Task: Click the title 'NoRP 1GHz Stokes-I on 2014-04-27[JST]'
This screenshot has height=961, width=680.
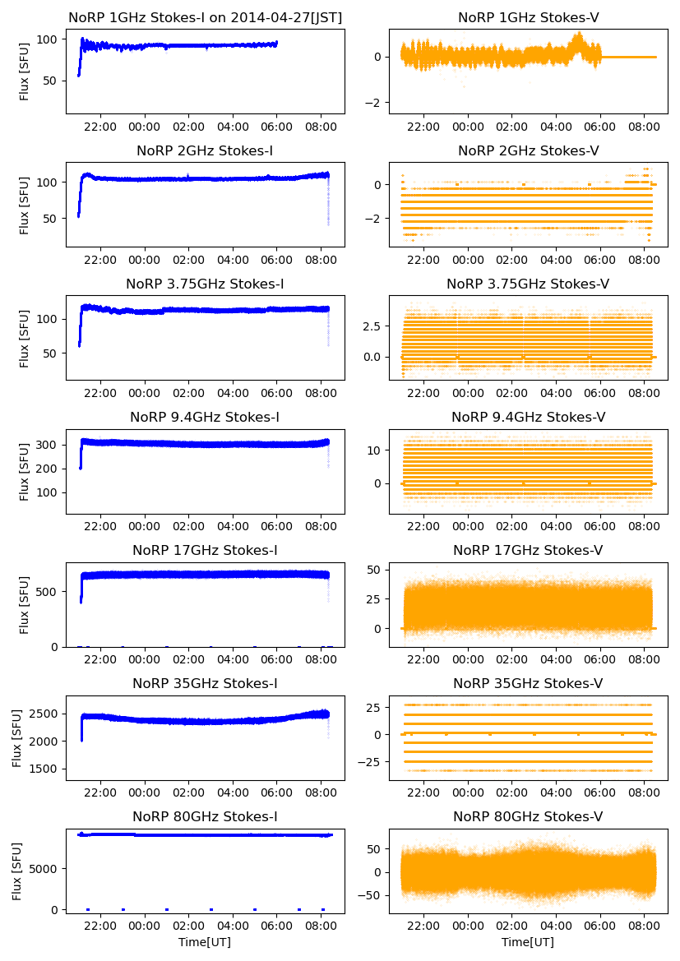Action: click(x=205, y=17)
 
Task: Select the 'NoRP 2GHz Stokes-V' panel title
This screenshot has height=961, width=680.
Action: click(x=528, y=150)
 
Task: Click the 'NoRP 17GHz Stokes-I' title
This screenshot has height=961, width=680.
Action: click(x=205, y=550)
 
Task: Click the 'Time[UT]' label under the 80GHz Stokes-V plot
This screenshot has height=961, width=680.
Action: click(x=528, y=942)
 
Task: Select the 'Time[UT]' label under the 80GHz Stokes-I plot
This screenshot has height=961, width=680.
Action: click(x=205, y=942)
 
